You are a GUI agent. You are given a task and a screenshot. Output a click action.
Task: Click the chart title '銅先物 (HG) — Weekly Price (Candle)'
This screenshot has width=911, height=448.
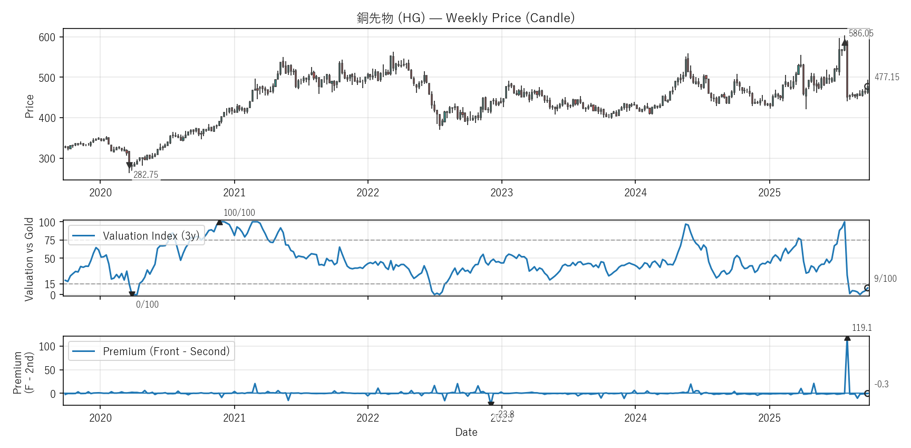click(x=466, y=18)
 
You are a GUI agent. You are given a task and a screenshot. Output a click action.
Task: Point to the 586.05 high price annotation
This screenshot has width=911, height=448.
click(x=861, y=33)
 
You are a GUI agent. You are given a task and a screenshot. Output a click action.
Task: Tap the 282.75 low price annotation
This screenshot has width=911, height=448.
click(x=146, y=175)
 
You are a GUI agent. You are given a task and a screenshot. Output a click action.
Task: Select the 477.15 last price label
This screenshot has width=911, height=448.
click(x=887, y=77)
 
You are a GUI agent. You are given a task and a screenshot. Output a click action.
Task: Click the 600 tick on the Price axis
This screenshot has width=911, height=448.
click(x=47, y=37)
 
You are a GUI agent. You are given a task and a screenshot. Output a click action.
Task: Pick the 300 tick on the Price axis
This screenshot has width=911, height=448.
click(x=47, y=159)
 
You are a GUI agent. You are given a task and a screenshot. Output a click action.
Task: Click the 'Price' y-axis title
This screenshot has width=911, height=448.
click(x=30, y=106)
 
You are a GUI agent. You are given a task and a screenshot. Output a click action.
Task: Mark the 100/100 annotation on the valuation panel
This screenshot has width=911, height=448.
click(x=239, y=213)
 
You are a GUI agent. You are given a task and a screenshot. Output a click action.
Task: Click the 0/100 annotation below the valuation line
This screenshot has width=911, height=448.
click(x=147, y=304)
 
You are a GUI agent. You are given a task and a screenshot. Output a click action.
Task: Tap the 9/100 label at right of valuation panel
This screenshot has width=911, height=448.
click(x=885, y=279)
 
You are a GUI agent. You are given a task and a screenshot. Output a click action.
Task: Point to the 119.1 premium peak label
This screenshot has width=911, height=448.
click(x=861, y=328)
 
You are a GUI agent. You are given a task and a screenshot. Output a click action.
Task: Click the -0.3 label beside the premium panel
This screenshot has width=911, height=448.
click(x=881, y=384)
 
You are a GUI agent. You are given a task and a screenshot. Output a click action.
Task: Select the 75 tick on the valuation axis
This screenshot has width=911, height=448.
click(x=50, y=241)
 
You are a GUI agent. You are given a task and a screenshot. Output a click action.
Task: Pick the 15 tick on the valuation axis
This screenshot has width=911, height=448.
click(x=50, y=284)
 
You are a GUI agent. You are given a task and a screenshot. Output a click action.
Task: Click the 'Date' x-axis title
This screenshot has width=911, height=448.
click(x=466, y=432)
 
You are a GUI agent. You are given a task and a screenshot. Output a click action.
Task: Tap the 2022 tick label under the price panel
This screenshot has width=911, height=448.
click(x=367, y=193)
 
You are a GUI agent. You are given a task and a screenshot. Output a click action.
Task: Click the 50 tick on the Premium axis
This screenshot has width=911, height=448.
click(x=50, y=370)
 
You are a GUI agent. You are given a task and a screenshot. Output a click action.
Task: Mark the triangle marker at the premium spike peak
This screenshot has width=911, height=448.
click(x=847, y=338)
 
